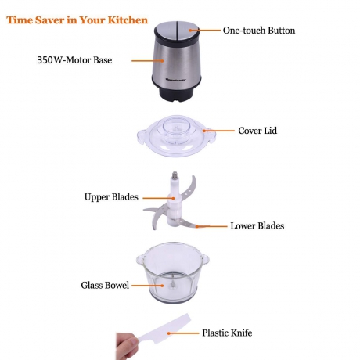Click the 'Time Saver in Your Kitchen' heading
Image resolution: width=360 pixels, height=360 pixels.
coord(77,20)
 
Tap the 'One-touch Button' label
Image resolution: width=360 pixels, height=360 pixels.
coord(259,31)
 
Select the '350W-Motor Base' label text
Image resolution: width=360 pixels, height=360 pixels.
coord(74,60)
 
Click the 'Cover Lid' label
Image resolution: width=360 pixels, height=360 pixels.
coord(257,131)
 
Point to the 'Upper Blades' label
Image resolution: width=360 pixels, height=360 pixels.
coord(111,197)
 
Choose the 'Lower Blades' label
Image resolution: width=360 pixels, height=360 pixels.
coord(257,225)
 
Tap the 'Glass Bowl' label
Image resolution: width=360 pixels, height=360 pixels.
coord(105,285)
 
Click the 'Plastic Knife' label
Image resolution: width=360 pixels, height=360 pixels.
coord(227,333)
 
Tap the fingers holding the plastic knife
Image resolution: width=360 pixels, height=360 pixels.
coord(126,346)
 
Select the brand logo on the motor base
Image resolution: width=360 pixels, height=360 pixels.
coord(175,81)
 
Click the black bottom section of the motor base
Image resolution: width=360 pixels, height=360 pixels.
coord(176,93)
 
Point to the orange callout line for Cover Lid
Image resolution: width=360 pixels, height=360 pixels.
coord(219,131)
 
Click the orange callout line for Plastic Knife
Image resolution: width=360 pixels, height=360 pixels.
coord(183,333)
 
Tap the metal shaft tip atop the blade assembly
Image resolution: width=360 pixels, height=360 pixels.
coord(175,175)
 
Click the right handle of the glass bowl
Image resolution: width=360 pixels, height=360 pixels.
coord(205,259)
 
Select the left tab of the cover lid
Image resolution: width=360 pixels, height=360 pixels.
coord(142,135)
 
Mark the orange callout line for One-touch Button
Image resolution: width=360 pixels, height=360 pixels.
coord(205,31)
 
